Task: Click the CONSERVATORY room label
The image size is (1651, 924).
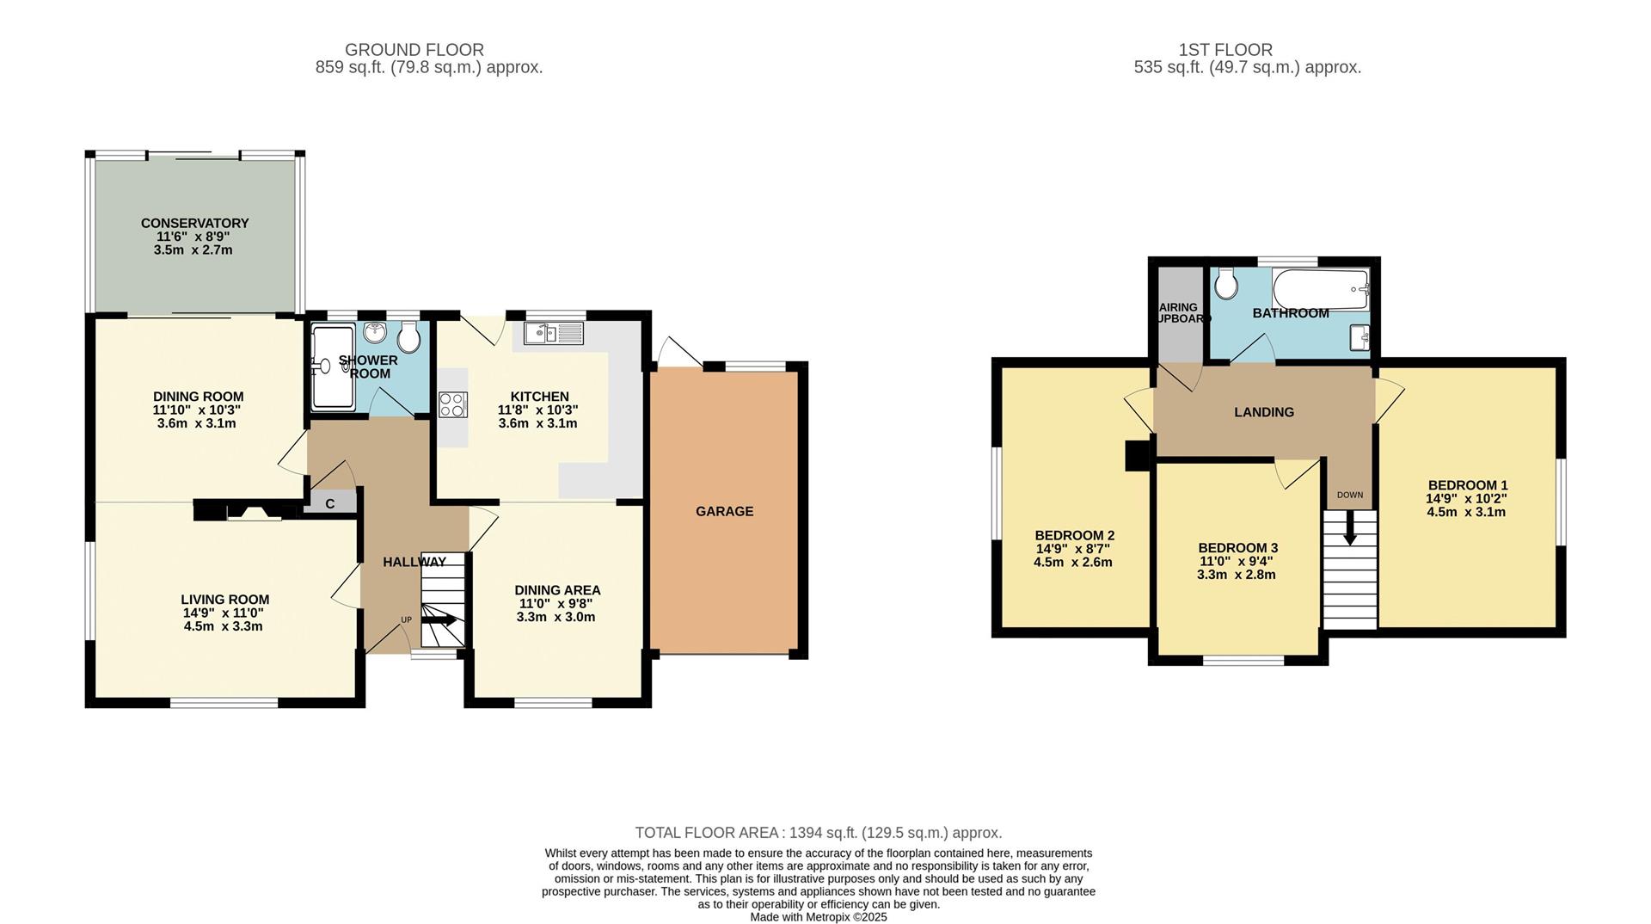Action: coord(194,223)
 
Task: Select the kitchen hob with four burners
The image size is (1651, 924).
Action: coord(453,404)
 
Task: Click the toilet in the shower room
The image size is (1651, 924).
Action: coord(409,337)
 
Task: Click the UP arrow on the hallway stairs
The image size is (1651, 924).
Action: coord(440,619)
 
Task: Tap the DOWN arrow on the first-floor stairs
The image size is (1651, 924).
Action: coord(1349,526)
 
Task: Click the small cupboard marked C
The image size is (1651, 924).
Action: coord(330,503)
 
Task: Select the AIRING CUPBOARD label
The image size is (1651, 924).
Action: coord(1179,312)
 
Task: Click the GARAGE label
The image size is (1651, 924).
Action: coord(724,511)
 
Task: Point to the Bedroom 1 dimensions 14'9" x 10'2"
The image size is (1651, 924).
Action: coord(1466,498)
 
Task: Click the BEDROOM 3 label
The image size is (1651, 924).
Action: coord(1237,547)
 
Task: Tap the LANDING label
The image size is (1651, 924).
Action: coord(1263,412)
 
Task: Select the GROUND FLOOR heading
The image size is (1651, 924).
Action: coord(414,50)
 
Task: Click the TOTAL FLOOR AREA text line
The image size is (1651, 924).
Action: coord(818,833)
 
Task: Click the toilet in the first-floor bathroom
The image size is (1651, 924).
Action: coord(1226,281)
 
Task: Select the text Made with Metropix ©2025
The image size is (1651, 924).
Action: coord(818,917)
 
